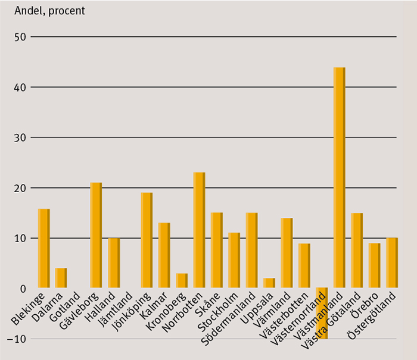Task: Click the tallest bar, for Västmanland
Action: [339, 178]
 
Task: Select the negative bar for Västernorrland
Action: [322, 313]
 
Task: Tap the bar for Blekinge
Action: [43, 249]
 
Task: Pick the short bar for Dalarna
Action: [61, 278]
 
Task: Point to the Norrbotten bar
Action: [199, 230]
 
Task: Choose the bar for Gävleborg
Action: [95, 236]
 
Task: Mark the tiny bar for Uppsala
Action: [269, 283]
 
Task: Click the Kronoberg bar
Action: [182, 281]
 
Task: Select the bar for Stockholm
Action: [234, 261]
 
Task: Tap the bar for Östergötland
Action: [391, 263]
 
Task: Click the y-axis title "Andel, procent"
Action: [49, 11]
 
